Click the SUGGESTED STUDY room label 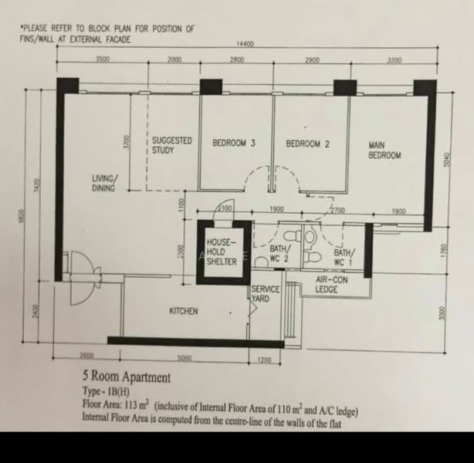coord(171,145)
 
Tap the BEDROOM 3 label coord(234,144)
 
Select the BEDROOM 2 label coord(308,144)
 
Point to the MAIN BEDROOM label coord(385,150)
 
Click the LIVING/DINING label coord(104,182)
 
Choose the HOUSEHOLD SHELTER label coord(222,251)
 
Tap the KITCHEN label coord(184,311)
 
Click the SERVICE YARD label coord(265,294)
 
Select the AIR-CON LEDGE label coord(332,285)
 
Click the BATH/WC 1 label coord(344,256)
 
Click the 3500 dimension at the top coord(102,59)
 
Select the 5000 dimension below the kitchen coord(184,358)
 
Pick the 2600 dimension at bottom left coord(86,357)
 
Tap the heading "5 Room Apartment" coord(127,378)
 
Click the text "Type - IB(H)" coord(106,392)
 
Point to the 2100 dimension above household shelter coord(225,208)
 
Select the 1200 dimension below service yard coord(264,360)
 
